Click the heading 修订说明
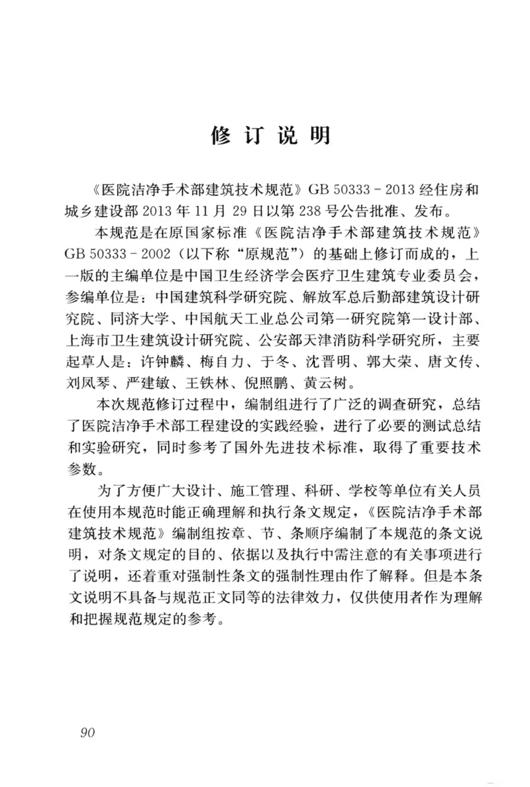(x=270, y=135)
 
